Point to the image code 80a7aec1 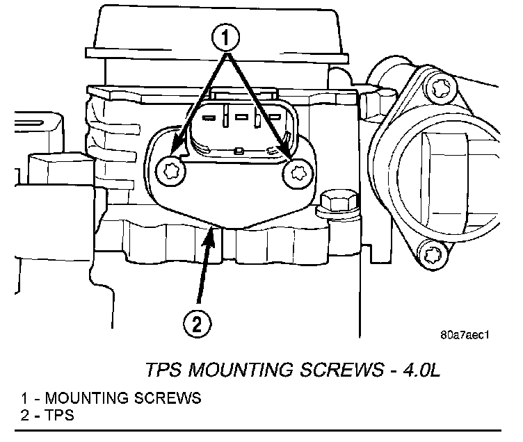(x=466, y=334)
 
